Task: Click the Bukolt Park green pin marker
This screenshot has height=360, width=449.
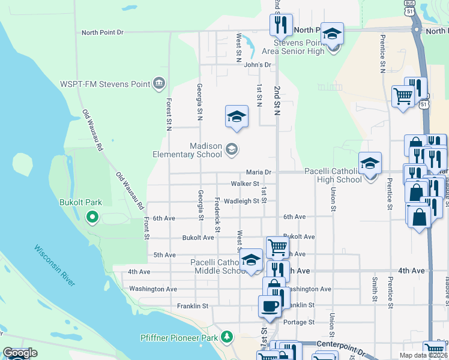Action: [92, 217]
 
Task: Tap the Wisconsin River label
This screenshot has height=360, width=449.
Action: [55, 265]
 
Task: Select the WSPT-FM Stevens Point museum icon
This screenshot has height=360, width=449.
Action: [159, 83]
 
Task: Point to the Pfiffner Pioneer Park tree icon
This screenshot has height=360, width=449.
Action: [226, 337]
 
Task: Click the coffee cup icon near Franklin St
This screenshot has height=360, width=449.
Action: [270, 307]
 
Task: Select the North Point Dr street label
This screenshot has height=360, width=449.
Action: [102, 32]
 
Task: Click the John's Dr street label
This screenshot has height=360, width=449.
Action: [258, 65]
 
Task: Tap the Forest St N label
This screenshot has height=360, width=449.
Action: [169, 114]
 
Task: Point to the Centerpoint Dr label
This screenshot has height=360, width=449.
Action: [339, 346]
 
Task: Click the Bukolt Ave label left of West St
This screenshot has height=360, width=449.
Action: [198, 238]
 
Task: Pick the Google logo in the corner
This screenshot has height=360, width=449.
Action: [20, 353]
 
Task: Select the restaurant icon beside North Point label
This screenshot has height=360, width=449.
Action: [281, 25]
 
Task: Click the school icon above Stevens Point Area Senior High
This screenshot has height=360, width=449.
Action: [332, 35]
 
